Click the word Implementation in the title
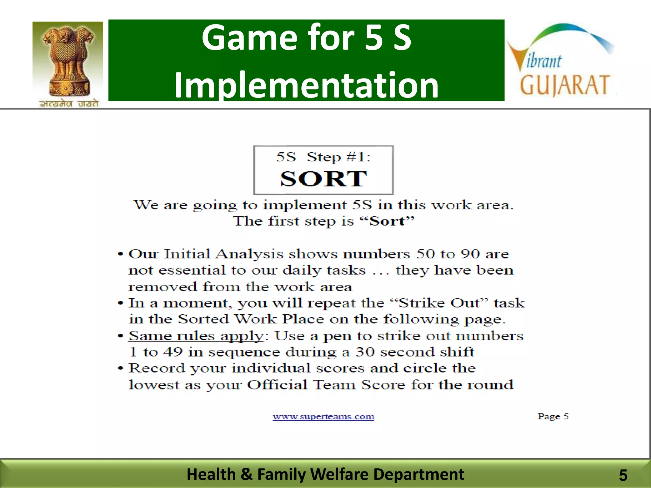point(306,85)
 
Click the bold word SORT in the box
point(323,179)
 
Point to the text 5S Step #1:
point(323,157)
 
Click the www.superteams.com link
point(323,417)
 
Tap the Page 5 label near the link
point(553,416)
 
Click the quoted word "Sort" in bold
point(387,221)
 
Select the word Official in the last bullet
point(278,385)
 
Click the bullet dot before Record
point(120,369)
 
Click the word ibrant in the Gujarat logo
point(544,61)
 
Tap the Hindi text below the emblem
point(69,104)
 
